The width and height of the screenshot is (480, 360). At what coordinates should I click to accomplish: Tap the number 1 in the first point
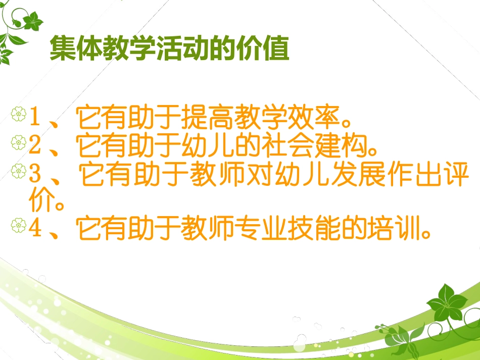coord(35,118)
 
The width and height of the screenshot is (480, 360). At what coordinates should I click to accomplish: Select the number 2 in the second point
coord(35,146)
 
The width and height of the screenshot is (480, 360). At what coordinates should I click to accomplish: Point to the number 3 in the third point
coord(35,174)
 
